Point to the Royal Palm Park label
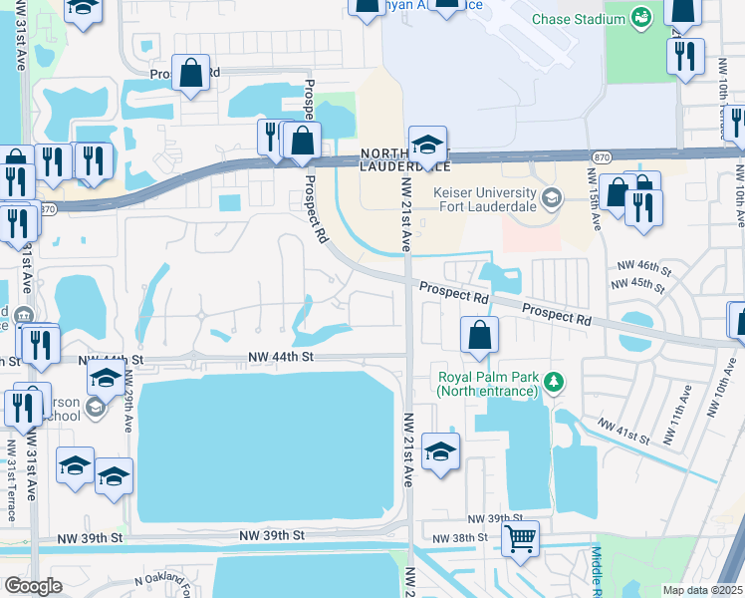[487, 384]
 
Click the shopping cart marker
[520, 540]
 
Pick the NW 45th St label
[638, 284]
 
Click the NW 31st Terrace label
[12, 488]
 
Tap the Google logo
[33, 586]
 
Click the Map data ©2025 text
[702, 590]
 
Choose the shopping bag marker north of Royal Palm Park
[480, 336]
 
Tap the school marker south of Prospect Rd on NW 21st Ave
[440, 452]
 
